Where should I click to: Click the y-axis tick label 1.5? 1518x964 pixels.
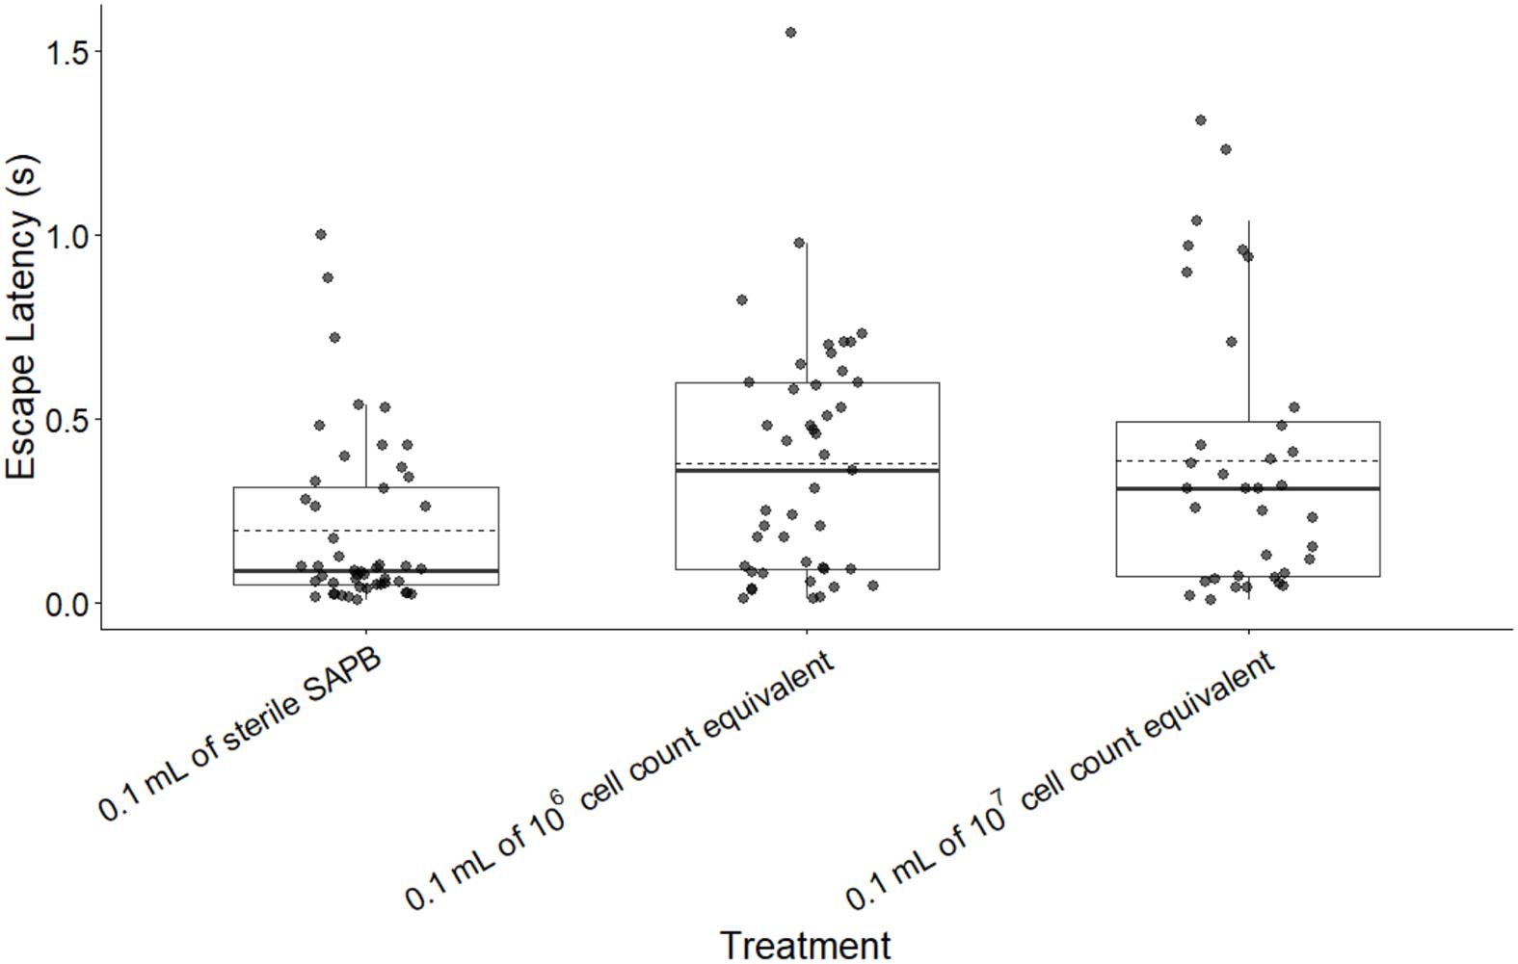tap(67, 52)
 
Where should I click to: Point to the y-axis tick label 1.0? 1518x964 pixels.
tap(67, 236)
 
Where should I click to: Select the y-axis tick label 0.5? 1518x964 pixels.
tap(67, 420)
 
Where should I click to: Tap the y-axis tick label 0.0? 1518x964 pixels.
tap(67, 604)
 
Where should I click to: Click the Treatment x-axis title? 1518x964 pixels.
tap(805, 945)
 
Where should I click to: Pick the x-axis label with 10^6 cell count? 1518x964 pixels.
tap(619, 780)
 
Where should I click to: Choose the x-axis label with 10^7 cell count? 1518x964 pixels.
tap(1060, 780)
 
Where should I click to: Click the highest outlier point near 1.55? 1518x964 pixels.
tap(790, 33)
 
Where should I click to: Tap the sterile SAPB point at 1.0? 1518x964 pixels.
tap(321, 234)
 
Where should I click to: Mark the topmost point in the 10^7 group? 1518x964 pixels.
tap(1201, 120)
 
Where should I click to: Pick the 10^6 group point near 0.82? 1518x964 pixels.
tap(742, 300)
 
